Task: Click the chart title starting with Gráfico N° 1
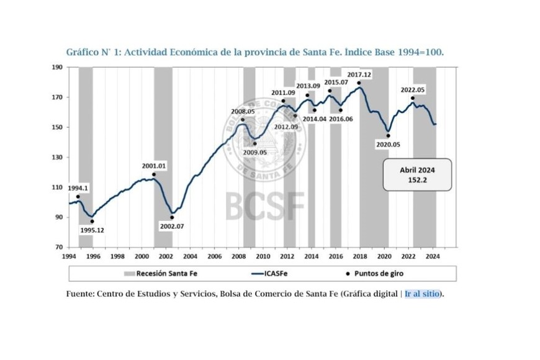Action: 254,52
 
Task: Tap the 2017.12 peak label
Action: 359,74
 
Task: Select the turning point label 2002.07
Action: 172,226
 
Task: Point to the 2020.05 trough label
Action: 388,144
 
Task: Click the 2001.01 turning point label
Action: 153,166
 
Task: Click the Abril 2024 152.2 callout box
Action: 416,174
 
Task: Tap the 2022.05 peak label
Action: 413,90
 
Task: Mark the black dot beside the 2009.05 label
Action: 254,143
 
